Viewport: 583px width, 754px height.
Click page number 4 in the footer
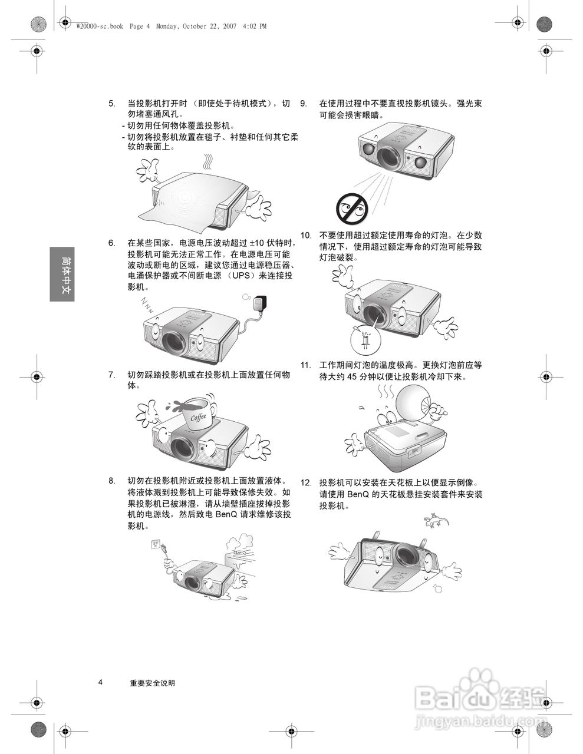point(100,683)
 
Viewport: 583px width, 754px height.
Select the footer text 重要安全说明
point(153,683)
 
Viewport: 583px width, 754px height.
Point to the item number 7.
point(111,375)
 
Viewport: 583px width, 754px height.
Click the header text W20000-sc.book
point(100,26)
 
